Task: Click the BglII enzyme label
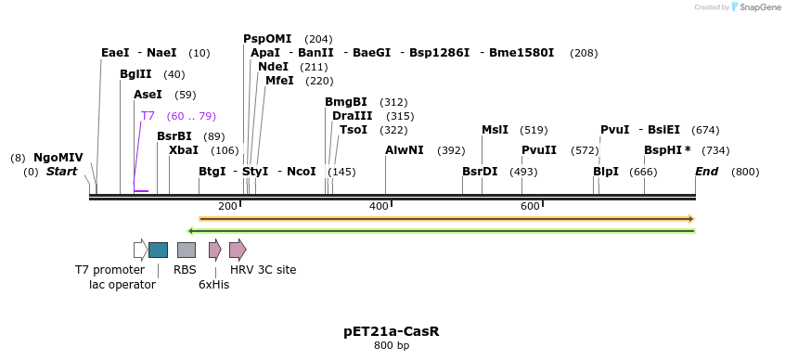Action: [x=135, y=74]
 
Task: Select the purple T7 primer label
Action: [x=148, y=116]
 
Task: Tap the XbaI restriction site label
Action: [x=183, y=150]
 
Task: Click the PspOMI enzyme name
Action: [x=267, y=39]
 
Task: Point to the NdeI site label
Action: [x=273, y=67]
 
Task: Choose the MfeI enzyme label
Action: [x=279, y=81]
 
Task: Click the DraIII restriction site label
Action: [x=352, y=116]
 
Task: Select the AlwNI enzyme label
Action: [x=404, y=150]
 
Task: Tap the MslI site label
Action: [x=495, y=130]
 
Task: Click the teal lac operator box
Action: [x=158, y=250]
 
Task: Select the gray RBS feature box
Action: [x=186, y=250]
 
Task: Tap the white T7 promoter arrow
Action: [x=140, y=250]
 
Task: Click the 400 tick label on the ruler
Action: [x=379, y=206]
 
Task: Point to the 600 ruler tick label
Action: [x=530, y=206]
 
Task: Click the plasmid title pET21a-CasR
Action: [x=391, y=331]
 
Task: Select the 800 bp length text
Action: [x=391, y=346]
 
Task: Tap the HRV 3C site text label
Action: [x=263, y=270]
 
